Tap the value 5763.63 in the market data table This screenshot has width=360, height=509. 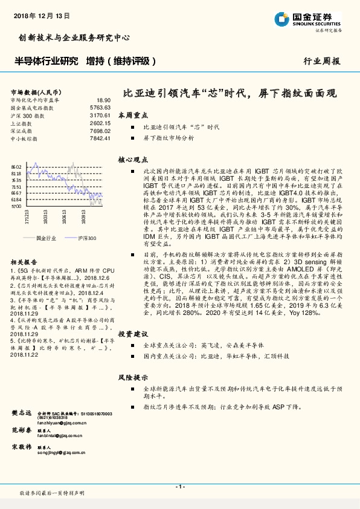[99, 107]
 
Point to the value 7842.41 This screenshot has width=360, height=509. [99, 138]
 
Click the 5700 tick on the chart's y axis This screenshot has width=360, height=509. [16, 206]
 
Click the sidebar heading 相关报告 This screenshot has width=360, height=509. [24, 262]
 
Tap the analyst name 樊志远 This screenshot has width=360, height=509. [21, 412]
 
